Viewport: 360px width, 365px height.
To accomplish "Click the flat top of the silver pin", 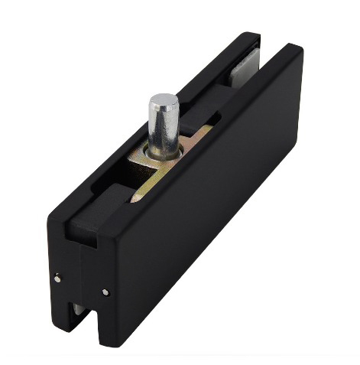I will click(164, 100).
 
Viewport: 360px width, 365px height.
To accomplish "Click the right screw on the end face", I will click(105, 292).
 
